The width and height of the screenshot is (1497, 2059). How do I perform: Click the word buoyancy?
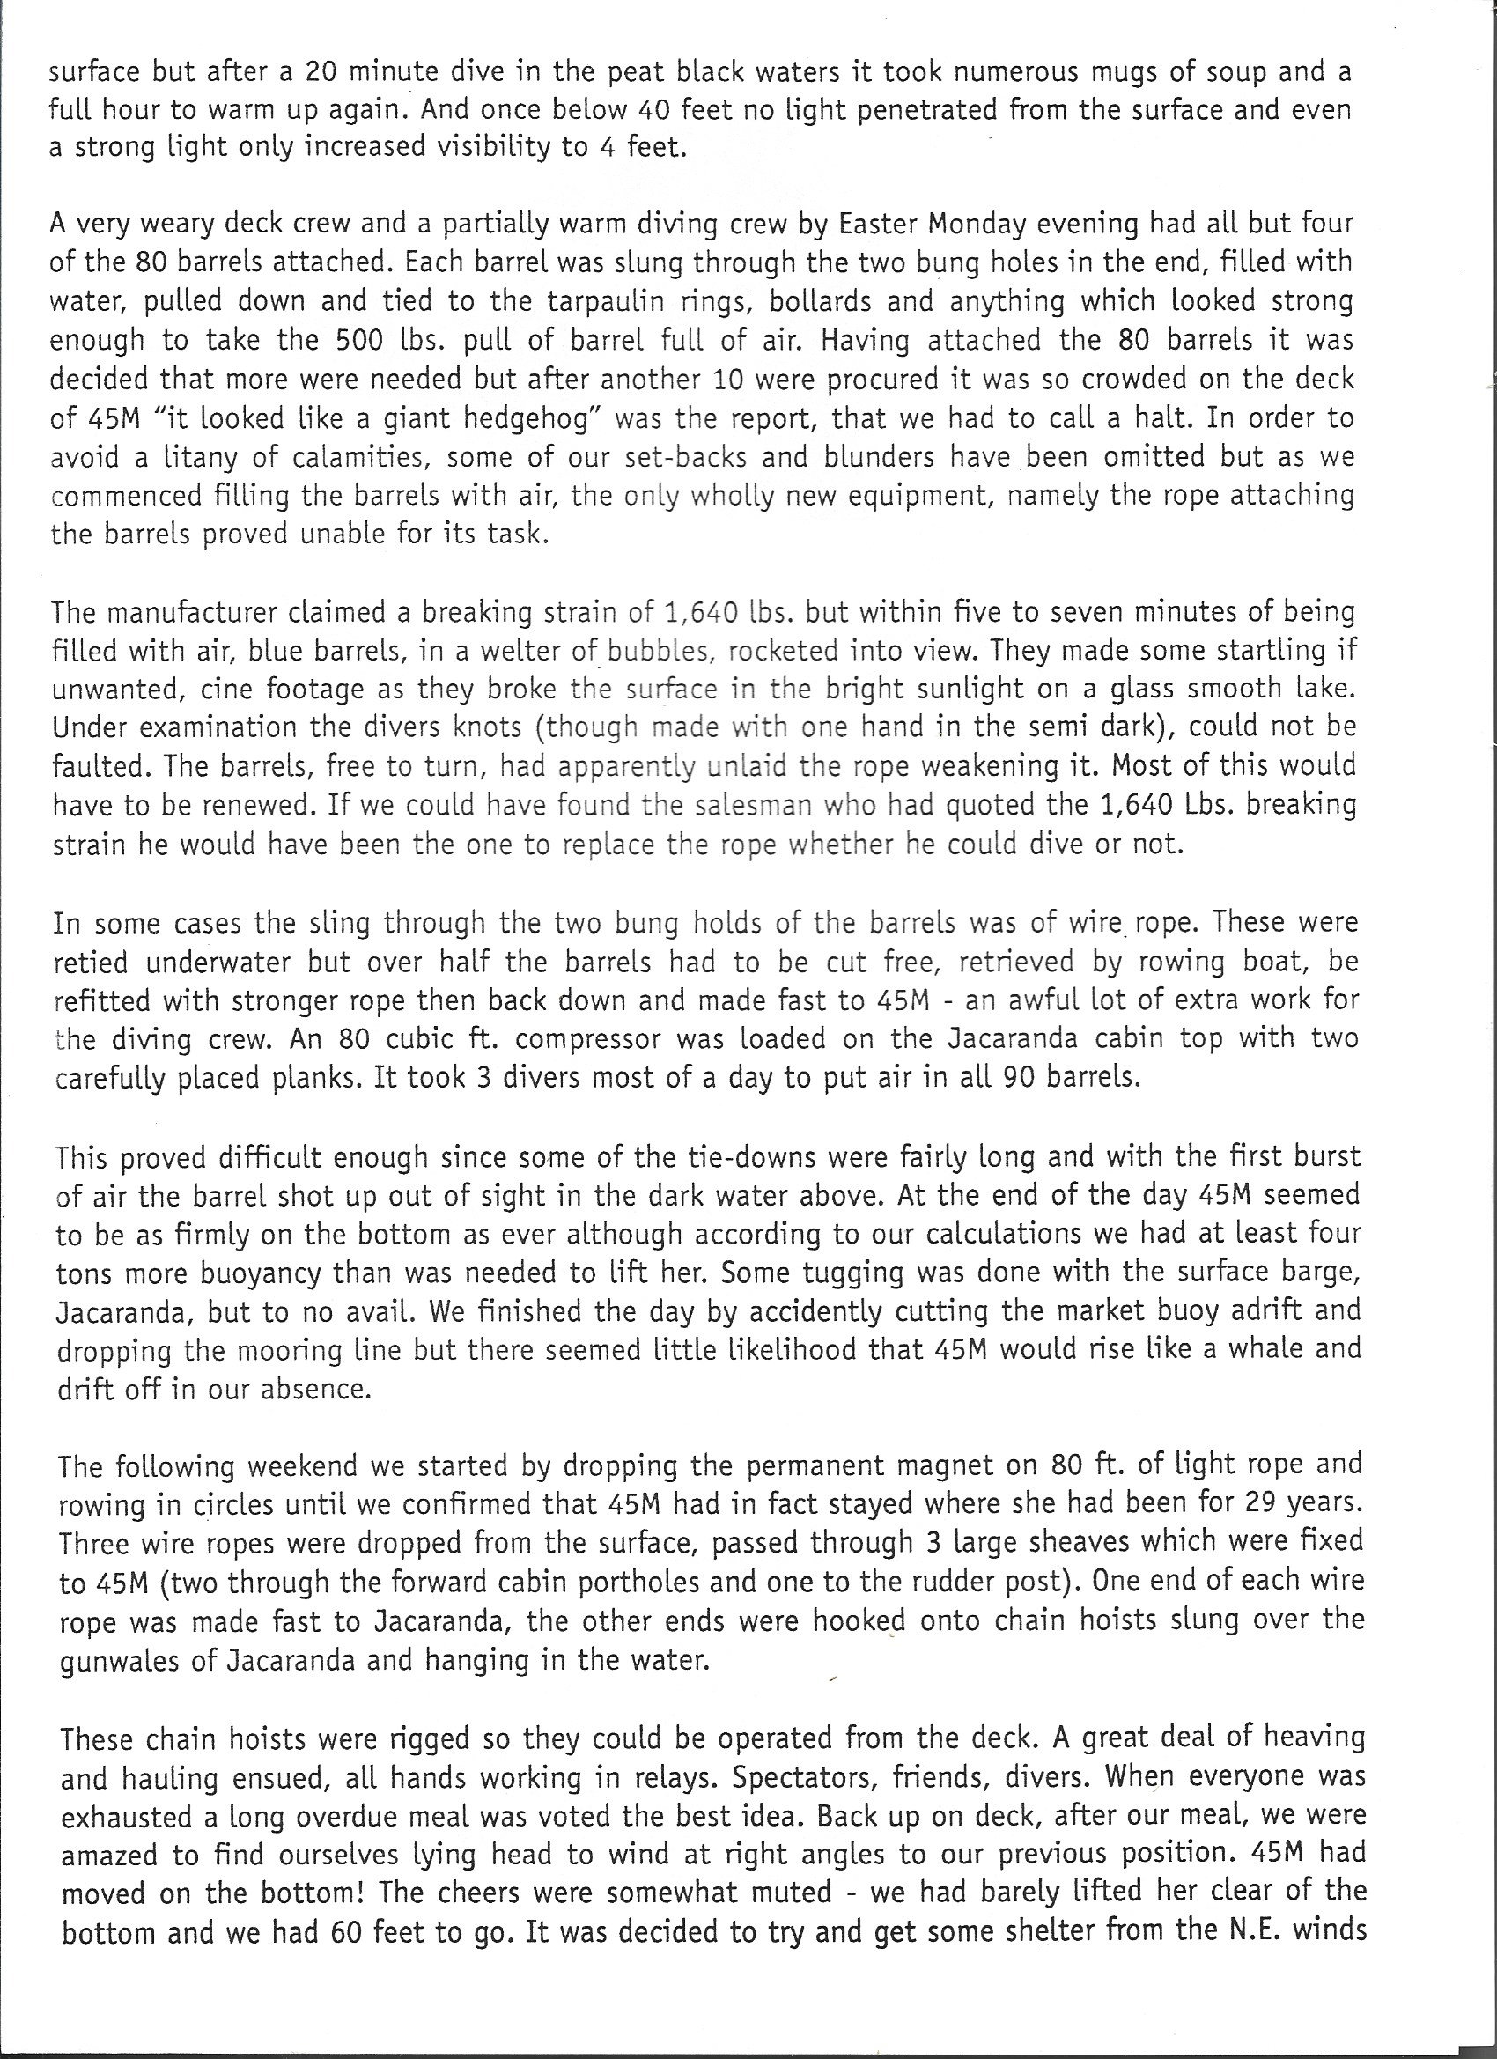point(272,1273)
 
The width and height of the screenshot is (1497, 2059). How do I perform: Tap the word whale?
point(1273,1350)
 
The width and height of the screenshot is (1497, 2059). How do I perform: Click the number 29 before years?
point(1254,1503)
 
